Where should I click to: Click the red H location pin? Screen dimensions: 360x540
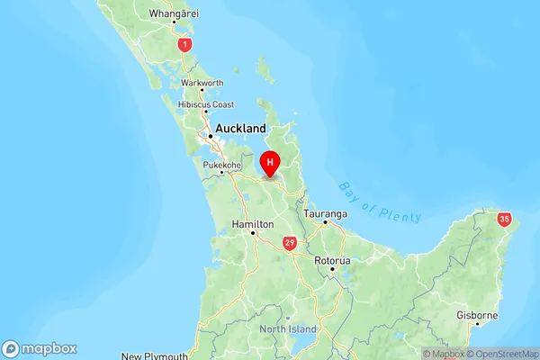(270, 163)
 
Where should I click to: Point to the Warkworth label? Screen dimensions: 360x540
(202, 83)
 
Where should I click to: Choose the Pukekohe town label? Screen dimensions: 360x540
(221, 166)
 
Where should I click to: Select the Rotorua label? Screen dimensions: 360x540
(331, 259)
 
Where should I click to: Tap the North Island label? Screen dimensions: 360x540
(289, 329)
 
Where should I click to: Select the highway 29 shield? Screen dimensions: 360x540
(289, 243)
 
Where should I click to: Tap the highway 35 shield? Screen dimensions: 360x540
(504, 219)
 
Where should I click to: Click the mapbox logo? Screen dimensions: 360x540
(40, 348)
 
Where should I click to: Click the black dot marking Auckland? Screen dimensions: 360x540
(210, 136)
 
